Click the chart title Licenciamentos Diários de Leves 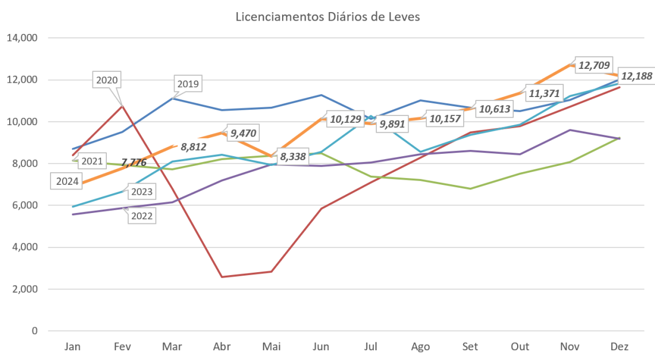point(328,17)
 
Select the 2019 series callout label point(188,84)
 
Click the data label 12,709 point(594,65)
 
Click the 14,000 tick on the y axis point(22,38)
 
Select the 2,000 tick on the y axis point(24,289)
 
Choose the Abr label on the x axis point(222,347)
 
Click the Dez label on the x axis point(620,347)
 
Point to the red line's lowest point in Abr point(222,277)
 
